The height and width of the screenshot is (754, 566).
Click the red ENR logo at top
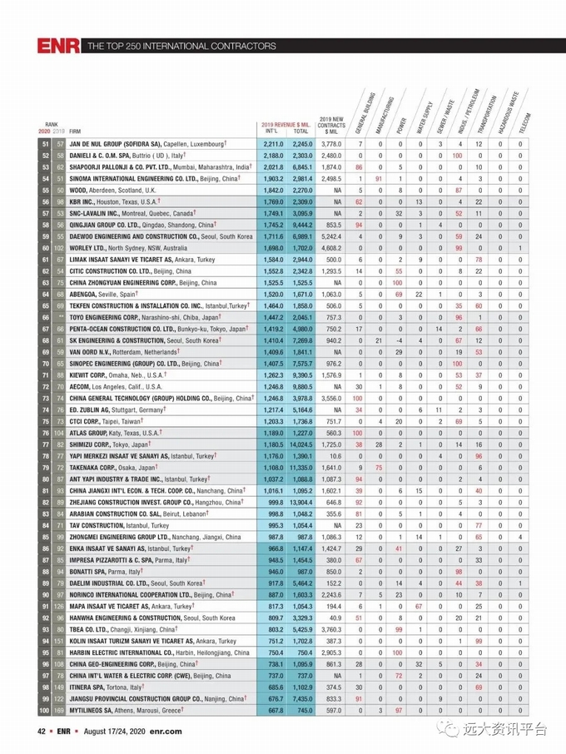coord(57,46)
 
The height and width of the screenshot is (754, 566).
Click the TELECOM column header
coord(524,122)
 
